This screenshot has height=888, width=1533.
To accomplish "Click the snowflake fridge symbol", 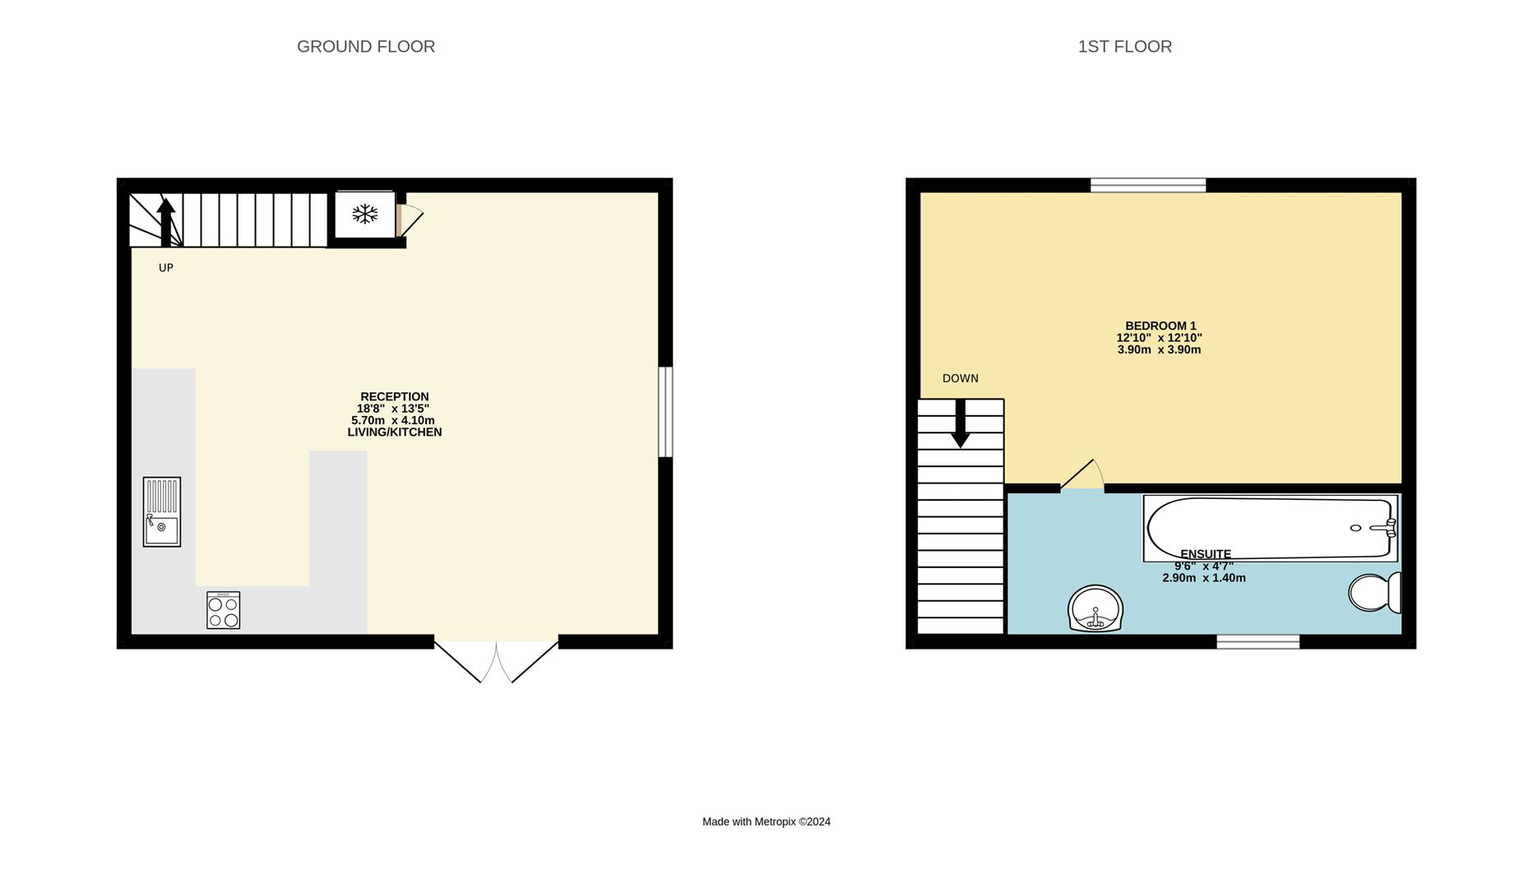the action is (364, 215).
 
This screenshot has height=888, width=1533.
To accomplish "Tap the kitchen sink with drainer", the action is (162, 511).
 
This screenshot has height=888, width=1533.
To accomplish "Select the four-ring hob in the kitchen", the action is (224, 610).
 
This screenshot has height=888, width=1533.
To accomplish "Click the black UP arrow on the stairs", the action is (166, 222).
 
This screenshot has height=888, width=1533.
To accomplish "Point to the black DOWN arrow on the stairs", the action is (960, 423).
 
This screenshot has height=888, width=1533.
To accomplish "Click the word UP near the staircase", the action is (166, 268).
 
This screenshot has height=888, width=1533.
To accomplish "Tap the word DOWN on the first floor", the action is (961, 378).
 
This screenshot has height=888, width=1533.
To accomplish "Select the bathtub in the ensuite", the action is (1271, 528).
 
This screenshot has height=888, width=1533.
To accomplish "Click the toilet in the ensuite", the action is (1375, 592).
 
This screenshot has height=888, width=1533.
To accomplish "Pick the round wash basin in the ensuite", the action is (1095, 608).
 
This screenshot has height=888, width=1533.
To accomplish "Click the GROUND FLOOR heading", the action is (366, 47).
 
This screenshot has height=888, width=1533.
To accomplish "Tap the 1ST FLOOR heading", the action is (1125, 47).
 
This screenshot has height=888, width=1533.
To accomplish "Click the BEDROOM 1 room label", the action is (1160, 326).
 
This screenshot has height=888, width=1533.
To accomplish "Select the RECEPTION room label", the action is (395, 396).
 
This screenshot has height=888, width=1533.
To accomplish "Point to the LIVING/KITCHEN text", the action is (395, 432).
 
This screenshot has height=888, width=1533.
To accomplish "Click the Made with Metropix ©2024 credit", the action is (766, 821).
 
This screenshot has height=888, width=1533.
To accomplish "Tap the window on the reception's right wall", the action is (665, 412).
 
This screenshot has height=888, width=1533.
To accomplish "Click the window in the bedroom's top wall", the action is (1148, 185).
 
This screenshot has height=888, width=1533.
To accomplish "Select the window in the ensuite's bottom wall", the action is (1258, 641).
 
